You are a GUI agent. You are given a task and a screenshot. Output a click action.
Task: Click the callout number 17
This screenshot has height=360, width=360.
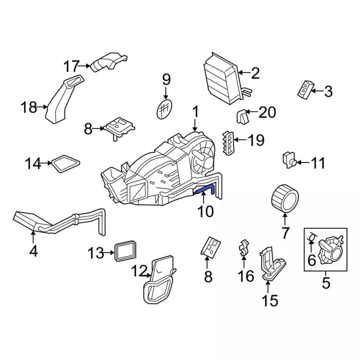[x=71, y=66]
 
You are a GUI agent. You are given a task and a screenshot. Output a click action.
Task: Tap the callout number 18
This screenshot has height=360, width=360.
[x=29, y=106]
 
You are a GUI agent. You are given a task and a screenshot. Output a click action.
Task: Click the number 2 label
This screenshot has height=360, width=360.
[x=255, y=73]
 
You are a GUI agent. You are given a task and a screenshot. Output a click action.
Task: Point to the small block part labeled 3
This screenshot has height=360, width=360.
[x=304, y=89]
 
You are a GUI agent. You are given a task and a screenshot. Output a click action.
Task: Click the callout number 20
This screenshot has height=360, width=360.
[x=267, y=113]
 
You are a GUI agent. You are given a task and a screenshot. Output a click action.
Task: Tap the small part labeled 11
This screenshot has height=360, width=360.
[x=289, y=160]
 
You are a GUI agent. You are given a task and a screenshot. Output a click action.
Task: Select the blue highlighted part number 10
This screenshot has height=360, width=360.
[x=205, y=191]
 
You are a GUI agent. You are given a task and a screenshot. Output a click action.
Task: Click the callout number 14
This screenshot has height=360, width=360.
[x=33, y=164]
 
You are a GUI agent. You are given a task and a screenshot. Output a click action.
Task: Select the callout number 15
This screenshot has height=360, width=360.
[x=270, y=301]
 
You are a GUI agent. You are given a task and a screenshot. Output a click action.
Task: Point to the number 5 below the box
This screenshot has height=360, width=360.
[x=326, y=283]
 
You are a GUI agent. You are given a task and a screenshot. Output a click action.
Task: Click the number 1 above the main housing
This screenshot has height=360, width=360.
[x=195, y=112]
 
